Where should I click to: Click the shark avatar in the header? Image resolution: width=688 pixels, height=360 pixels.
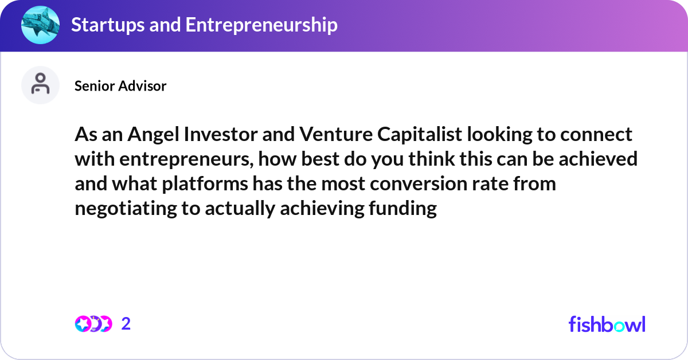click(40, 25)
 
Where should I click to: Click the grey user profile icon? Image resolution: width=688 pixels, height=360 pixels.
click(40, 85)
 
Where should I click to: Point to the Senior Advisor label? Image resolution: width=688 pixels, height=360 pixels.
click(120, 86)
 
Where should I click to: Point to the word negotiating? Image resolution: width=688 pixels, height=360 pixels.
click(124, 209)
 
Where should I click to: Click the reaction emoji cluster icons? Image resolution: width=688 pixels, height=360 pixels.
click(93, 324)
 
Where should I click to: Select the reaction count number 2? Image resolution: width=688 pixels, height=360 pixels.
click(126, 324)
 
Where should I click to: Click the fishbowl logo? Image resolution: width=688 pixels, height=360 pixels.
click(607, 324)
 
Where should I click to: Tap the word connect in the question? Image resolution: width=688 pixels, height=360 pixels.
click(596, 134)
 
